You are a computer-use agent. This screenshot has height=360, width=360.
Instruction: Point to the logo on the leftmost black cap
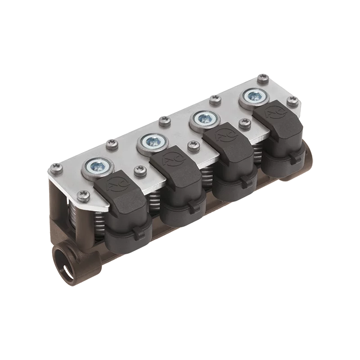114,184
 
